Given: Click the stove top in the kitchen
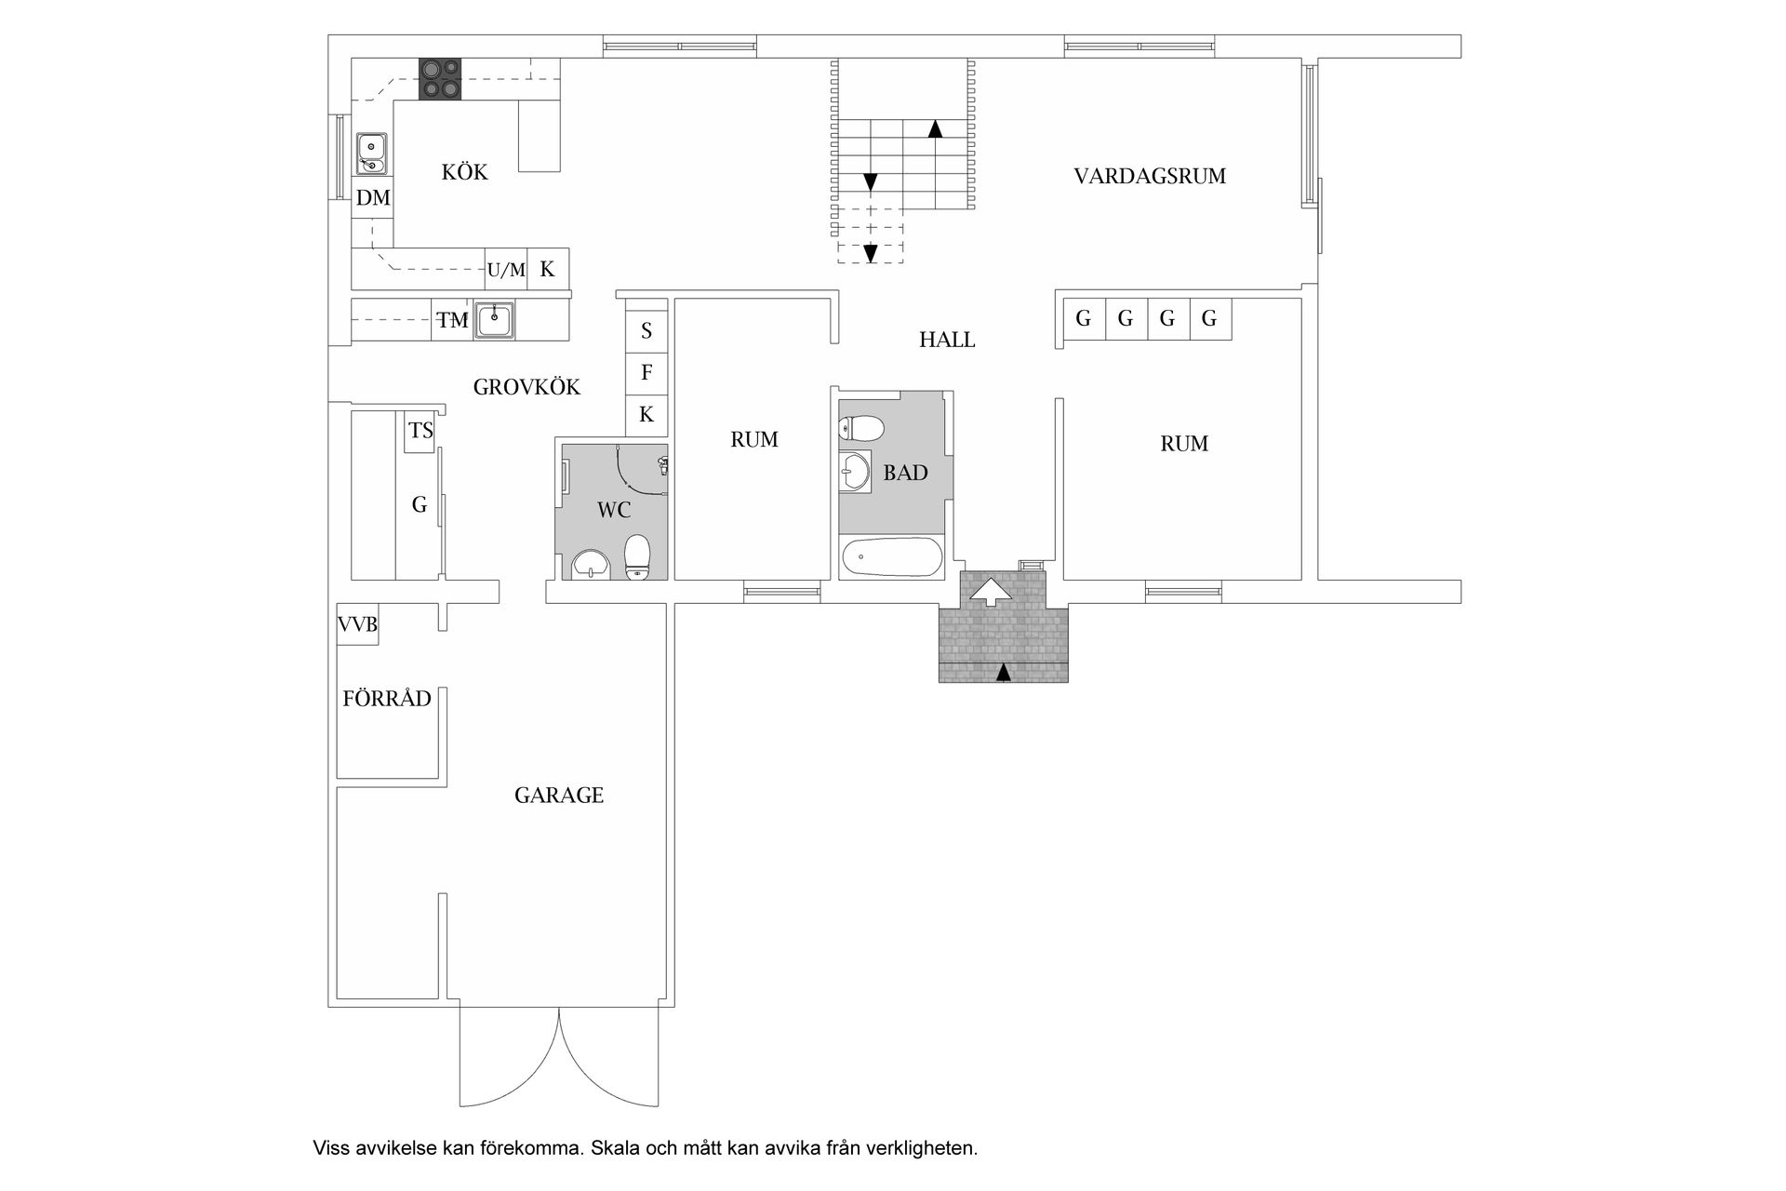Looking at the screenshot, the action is pyautogui.click(x=440, y=78).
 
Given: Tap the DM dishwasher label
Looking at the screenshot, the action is pyautogui.click(x=373, y=197).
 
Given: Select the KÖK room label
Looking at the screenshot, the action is pyautogui.click(x=464, y=171).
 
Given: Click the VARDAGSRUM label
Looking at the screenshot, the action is pyautogui.click(x=1150, y=176).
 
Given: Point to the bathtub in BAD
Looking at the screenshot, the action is pyautogui.click(x=891, y=558).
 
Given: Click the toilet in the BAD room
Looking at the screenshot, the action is pyautogui.click(x=861, y=429).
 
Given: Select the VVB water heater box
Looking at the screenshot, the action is pyautogui.click(x=357, y=624).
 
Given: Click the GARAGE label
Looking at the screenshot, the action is pyautogui.click(x=559, y=796).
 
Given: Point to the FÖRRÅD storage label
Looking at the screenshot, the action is pyautogui.click(x=387, y=698).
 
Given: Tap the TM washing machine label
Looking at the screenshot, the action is pyautogui.click(x=453, y=321).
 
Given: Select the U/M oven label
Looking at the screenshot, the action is pyautogui.click(x=506, y=270).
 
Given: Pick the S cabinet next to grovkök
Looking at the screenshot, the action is pyautogui.click(x=646, y=331).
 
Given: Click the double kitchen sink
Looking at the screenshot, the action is pyautogui.click(x=372, y=154).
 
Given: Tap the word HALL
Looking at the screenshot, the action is pyautogui.click(x=947, y=340).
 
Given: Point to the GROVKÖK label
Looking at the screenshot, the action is pyautogui.click(x=526, y=387).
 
